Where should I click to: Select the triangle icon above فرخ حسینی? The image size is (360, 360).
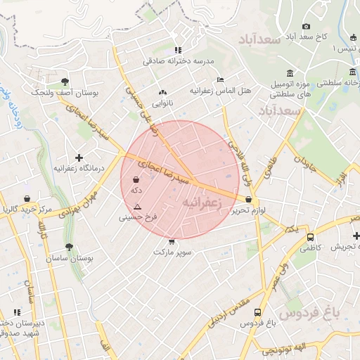pyautogui.click(x=137, y=207)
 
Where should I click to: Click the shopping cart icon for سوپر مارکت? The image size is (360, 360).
pyautogui.click(x=172, y=241)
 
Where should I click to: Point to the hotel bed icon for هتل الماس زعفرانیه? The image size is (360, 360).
pyautogui.click(x=220, y=80)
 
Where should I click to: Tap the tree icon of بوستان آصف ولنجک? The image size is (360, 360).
pyautogui.click(x=65, y=82)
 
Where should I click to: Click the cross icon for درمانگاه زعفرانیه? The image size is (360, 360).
pyautogui.click(x=79, y=157)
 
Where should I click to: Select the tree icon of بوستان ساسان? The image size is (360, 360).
pyautogui.click(x=68, y=247)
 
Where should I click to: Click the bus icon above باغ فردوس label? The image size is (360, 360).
pyautogui.click(x=257, y=311)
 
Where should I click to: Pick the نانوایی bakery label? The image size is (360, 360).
pyautogui.click(x=162, y=103)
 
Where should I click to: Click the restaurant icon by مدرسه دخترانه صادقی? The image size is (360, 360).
pyautogui.click(x=178, y=50)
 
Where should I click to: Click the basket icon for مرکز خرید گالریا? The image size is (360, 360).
pyautogui.click(x=27, y=199)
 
